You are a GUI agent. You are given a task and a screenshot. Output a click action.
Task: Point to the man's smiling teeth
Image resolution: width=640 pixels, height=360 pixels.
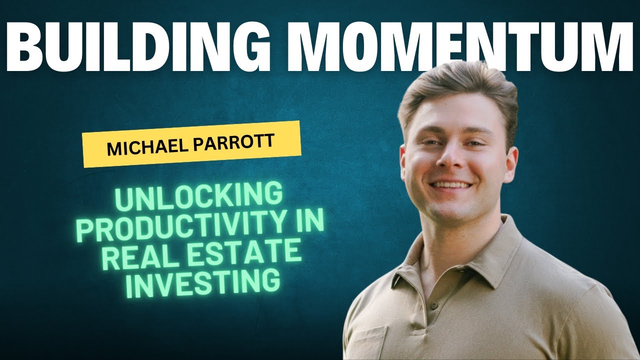[x=451, y=185]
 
